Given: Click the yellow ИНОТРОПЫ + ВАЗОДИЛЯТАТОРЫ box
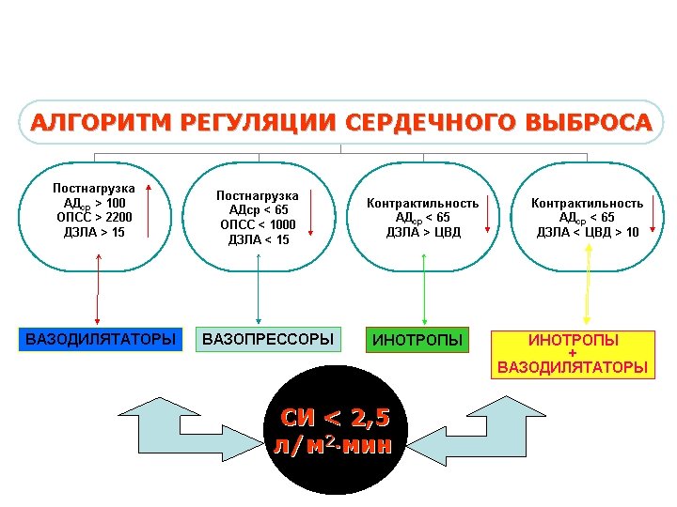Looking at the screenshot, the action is [573, 353].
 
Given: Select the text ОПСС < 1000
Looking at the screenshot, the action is [258, 224].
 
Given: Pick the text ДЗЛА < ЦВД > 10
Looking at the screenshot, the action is [588, 232].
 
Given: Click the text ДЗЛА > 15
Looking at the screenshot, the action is [93, 232].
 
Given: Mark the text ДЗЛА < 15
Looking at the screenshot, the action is [258, 239].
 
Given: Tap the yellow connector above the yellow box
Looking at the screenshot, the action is [587, 296].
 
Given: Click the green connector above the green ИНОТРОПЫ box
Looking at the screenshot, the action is [425, 296].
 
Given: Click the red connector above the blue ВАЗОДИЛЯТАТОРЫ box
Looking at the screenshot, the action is [96, 296].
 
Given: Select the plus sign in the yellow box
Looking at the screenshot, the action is [573, 353].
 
